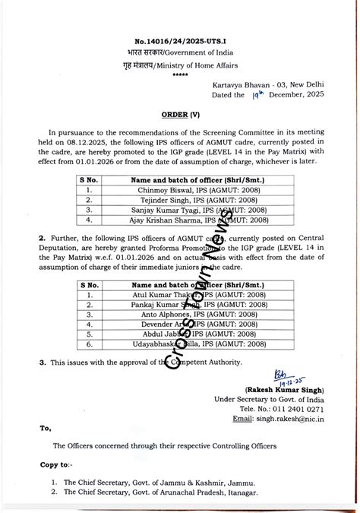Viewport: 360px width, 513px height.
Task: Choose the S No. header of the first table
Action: (90, 180)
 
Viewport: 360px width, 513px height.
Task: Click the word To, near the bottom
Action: (46, 429)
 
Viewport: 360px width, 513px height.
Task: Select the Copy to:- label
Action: (57, 464)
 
